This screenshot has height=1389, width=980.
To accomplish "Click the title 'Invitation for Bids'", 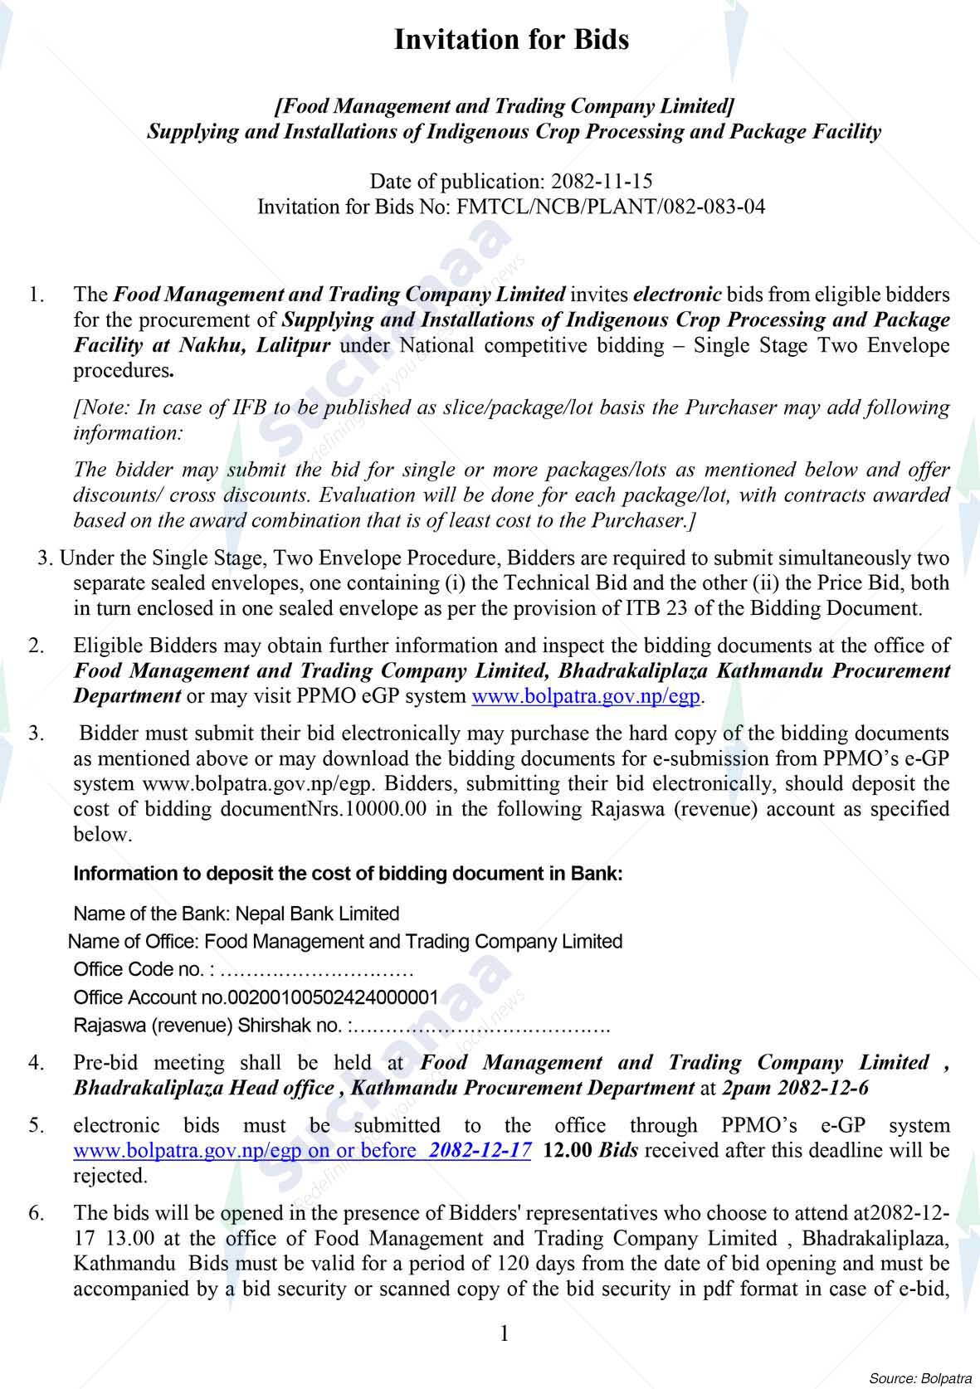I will coord(511,40).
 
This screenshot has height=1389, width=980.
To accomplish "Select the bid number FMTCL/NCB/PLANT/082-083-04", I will coord(611,207).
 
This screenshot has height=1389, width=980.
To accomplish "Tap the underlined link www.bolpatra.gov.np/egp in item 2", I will coord(586,695).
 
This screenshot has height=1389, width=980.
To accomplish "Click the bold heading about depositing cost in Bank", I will coord(348,874).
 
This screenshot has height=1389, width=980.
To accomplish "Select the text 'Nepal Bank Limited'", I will coord(318,914).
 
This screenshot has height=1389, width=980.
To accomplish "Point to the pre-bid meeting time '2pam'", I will coord(748,1088).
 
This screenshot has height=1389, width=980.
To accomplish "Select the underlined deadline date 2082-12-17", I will coord(481,1151).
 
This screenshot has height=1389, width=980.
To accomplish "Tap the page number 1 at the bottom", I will coord(504,1334).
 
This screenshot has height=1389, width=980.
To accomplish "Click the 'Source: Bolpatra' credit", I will coord(919,1378).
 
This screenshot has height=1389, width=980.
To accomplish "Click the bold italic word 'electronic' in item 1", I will coord(677,295).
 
